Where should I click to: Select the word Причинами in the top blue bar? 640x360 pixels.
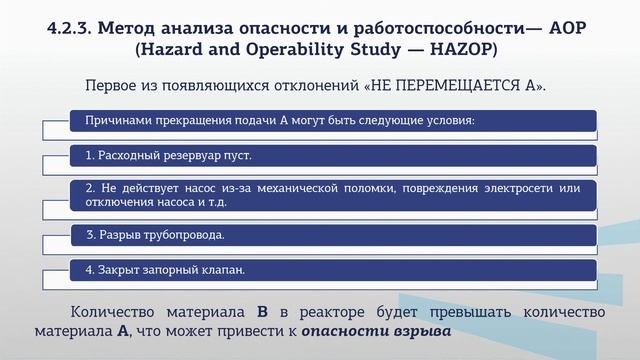(x=116, y=122)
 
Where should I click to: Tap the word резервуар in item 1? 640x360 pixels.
(x=187, y=156)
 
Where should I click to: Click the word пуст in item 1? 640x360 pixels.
(x=235, y=156)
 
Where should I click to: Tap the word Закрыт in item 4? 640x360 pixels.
(x=118, y=270)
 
